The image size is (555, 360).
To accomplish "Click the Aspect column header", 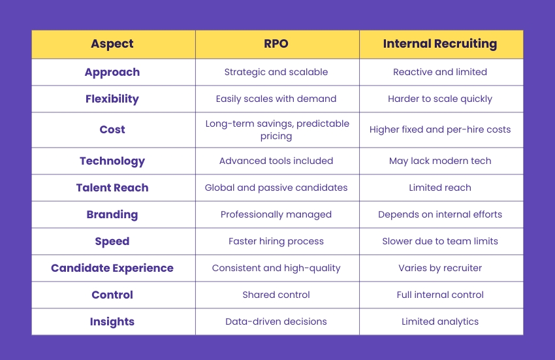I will pyautogui.click(x=112, y=44).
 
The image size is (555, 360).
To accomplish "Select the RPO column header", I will pyautogui.click(x=276, y=44).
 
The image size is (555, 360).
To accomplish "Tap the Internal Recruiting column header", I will pyautogui.click(x=440, y=44).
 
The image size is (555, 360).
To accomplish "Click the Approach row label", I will pyautogui.click(x=112, y=72).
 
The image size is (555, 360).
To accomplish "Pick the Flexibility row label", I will pyautogui.click(x=112, y=99).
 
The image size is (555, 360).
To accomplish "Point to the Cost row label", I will pyautogui.click(x=112, y=129).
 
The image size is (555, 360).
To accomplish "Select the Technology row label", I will pyautogui.click(x=112, y=161).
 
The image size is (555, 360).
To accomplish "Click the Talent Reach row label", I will pyautogui.click(x=112, y=188).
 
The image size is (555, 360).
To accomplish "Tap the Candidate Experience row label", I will pyautogui.click(x=112, y=268).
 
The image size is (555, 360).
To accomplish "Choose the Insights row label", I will pyautogui.click(x=112, y=321).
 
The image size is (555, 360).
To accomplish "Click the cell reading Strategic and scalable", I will pyautogui.click(x=276, y=72).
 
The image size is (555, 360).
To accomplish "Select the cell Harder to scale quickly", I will pyautogui.click(x=440, y=99).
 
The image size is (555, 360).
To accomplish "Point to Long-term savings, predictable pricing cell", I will pyautogui.click(x=276, y=129).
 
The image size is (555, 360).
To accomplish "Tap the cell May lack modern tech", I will pyautogui.click(x=440, y=161).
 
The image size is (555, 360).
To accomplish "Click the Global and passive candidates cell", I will pyautogui.click(x=276, y=188).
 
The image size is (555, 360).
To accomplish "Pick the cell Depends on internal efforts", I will pyautogui.click(x=440, y=214).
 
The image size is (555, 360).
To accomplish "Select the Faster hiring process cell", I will pyautogui.click(x=276, y=241).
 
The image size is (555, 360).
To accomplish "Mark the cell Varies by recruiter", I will pyautogui.click(x=440, y=268).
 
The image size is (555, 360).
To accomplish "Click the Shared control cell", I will pyautogui.click(x=276, y=295).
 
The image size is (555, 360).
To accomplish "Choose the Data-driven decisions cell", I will pyautogui.click(x=276, y=321).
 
